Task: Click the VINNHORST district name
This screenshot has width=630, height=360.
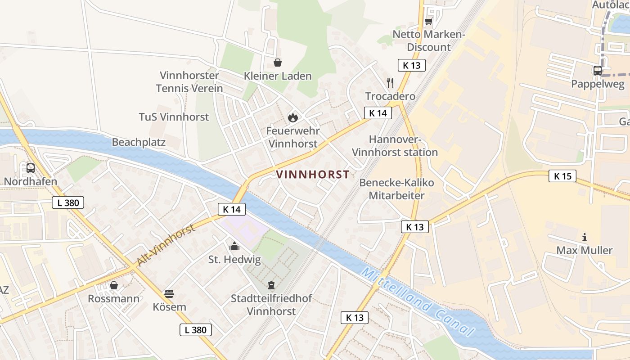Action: pos(312,175)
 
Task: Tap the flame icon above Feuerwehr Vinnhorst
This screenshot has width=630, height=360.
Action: pos(293,117)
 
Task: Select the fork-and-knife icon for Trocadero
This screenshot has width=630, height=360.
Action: pos(390,83)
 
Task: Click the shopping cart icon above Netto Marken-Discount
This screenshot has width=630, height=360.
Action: pos(428,21)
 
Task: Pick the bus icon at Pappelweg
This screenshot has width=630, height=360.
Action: pos(598,71)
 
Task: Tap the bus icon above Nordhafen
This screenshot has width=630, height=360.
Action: pos(31,168)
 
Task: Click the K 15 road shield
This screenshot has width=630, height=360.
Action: pos(562,176)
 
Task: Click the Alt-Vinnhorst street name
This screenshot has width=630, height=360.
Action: pos(166,245)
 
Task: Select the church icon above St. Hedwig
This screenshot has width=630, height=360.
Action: pos(234,246)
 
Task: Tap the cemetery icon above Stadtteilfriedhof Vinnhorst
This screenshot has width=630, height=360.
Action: pos(271,285)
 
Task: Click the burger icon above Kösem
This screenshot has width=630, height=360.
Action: pos(169,294)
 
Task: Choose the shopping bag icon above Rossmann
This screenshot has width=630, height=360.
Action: pos(114,285)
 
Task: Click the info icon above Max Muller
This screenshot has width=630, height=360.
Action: pos(585,237)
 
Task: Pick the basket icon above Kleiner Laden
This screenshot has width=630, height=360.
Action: pos(278,63)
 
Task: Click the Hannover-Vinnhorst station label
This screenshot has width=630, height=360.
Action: pos(395,146)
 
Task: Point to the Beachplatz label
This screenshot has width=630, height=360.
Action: pos(139,142)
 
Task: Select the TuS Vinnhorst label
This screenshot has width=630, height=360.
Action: pos(174,117)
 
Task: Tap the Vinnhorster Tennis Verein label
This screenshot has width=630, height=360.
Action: pos(189,82)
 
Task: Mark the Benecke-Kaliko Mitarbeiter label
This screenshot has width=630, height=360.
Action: pos(396,189)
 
